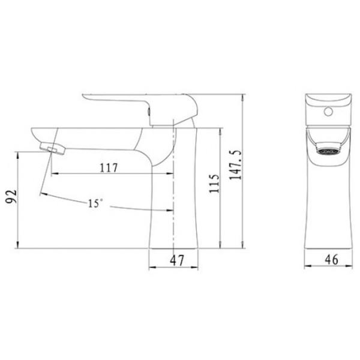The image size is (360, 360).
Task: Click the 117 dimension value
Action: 109,168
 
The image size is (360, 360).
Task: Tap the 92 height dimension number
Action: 11,197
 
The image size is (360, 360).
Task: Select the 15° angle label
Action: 95,203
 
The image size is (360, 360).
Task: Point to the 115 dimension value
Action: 214,184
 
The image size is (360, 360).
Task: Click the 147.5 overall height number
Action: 235,165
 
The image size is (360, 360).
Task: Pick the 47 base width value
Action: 177,260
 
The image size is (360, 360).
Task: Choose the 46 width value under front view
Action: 331,259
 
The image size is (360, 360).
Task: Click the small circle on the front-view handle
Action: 328,112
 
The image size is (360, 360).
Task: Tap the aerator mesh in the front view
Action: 328,151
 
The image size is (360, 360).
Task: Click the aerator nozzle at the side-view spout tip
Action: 53,149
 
